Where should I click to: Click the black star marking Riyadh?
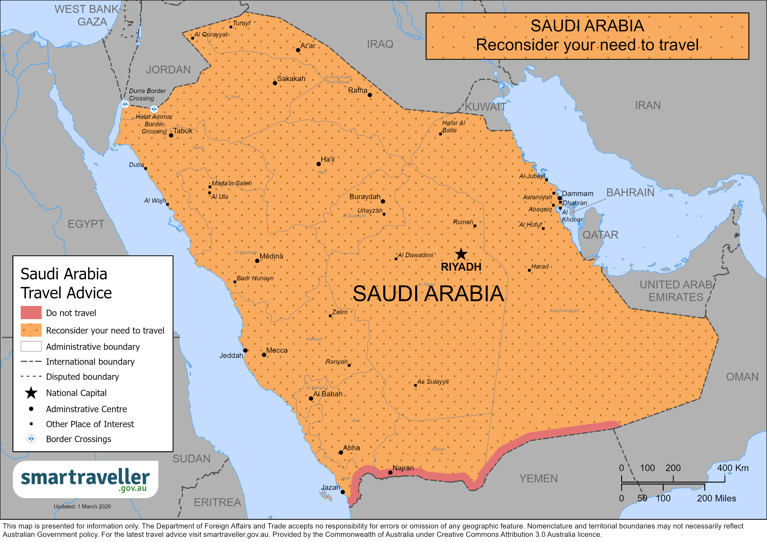point(461,254)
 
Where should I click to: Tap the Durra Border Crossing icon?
point(125,104)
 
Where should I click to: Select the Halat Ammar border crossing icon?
point(154,109)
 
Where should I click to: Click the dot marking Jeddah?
point(245,350)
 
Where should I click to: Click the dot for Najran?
point(390,473)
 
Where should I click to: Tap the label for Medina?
point(271,256)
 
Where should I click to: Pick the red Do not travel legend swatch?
point(31,313)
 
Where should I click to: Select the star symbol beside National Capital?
point(31,393)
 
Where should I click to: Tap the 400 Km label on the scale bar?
point(733,468)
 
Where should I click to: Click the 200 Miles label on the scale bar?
point(716,498)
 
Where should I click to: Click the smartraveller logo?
point(85,479)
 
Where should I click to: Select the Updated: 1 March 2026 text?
point(82,506)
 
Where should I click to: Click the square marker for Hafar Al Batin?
point(440,134)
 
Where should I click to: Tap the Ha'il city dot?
point(318,164)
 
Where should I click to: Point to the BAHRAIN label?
point(630,193)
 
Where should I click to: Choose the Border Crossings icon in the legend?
point(31,439)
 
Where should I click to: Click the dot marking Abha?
point(341,452)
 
